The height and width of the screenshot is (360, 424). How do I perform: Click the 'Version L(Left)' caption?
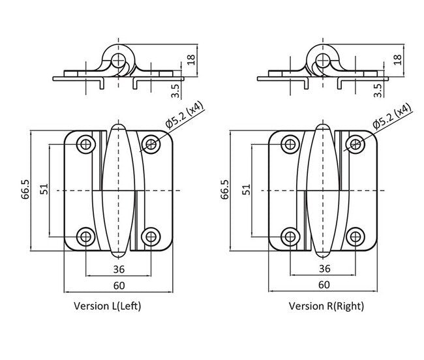[x=107, y=305]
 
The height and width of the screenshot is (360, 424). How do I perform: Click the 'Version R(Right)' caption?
[x=326, y=305]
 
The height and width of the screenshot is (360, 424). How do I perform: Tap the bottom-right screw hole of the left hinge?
[x=151, y=236]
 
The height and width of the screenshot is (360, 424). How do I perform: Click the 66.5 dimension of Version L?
[x=25, y=190]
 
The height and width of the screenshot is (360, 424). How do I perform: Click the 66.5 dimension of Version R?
[x=225, y=190]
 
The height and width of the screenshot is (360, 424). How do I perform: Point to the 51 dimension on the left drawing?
[x=44, y=190]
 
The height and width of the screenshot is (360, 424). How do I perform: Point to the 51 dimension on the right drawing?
[x=247, y=190]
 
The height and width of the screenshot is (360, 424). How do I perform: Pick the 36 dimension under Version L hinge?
[x=119, y=268]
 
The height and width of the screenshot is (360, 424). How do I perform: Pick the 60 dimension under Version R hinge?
[x=324, y=285]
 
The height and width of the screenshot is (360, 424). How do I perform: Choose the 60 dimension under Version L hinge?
[x=119, y=285]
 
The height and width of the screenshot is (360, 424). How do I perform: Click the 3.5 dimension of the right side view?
[x=379, y=89]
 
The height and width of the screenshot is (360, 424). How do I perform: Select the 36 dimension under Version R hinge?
[x=324, y=268]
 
